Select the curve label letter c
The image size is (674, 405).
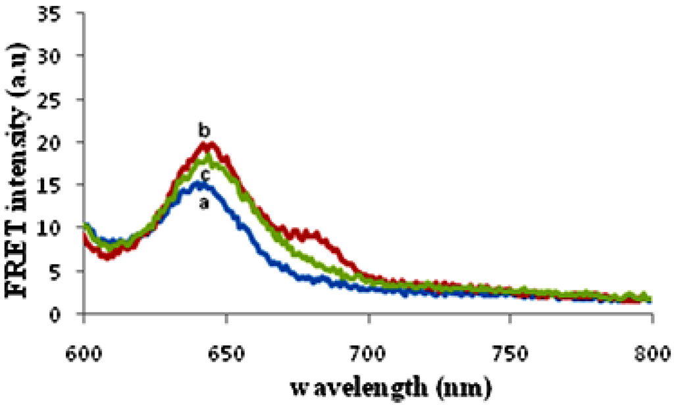tap(206, 174)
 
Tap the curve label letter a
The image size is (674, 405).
tap(204, 204)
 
